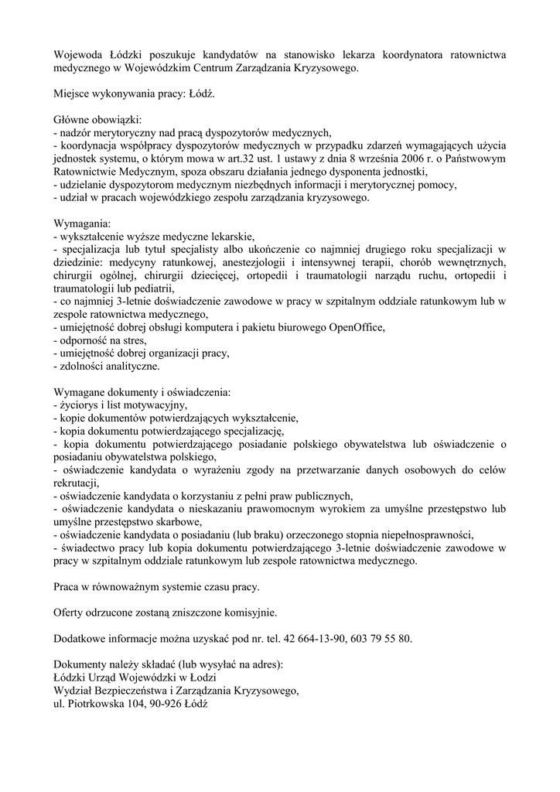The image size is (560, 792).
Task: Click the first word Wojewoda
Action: click(79, 55)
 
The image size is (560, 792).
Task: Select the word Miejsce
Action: click(73, 94)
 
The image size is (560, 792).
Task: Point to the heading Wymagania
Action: click(82, 223)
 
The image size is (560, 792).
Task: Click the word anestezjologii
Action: click(231, 262)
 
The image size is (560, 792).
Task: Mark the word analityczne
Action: click(133, 366)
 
